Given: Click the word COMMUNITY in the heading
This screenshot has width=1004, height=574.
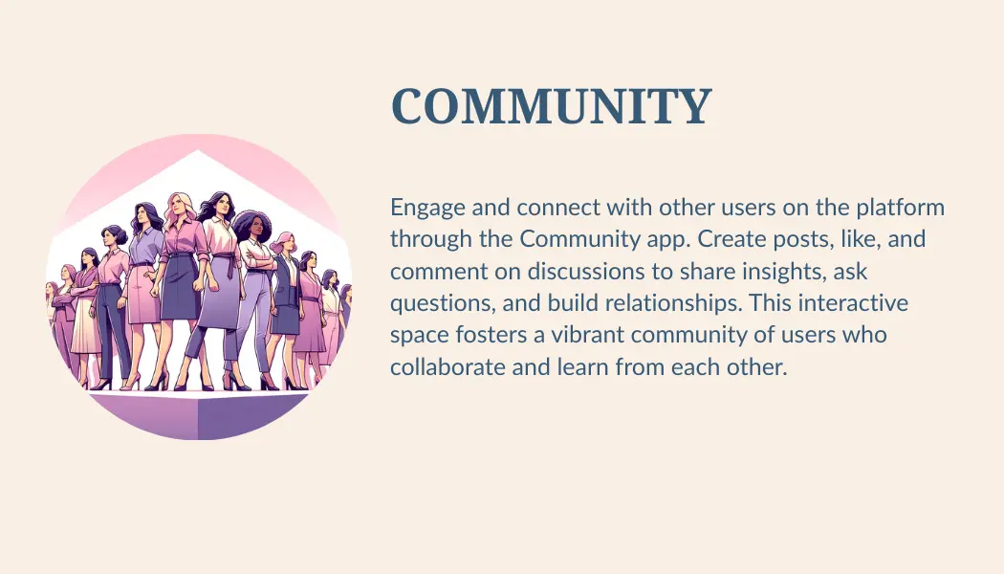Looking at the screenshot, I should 552,107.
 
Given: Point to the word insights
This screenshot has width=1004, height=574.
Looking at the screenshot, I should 763,272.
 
